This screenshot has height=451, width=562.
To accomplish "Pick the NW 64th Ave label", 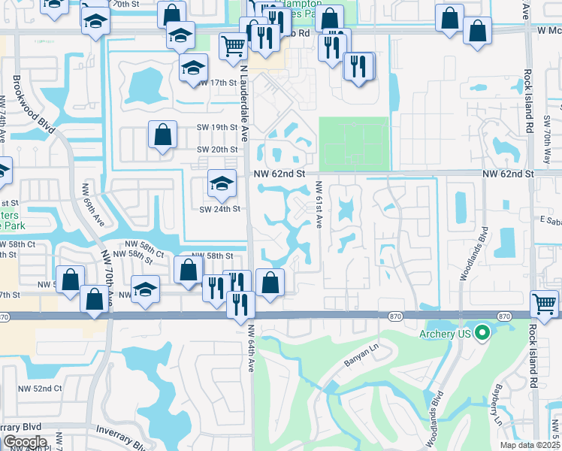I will click(252, 347).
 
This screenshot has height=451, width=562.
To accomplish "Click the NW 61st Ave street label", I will click(319, 205).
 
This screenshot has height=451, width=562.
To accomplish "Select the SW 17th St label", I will click(219, 83).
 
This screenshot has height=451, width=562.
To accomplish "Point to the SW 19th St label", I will click(217, 128).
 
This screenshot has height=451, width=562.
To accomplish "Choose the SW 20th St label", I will click(217, 150).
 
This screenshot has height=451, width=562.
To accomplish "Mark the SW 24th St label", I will click(219, 208).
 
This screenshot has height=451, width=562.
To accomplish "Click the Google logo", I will click(25, 442).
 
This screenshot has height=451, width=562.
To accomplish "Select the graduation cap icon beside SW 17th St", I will click(193, 68).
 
